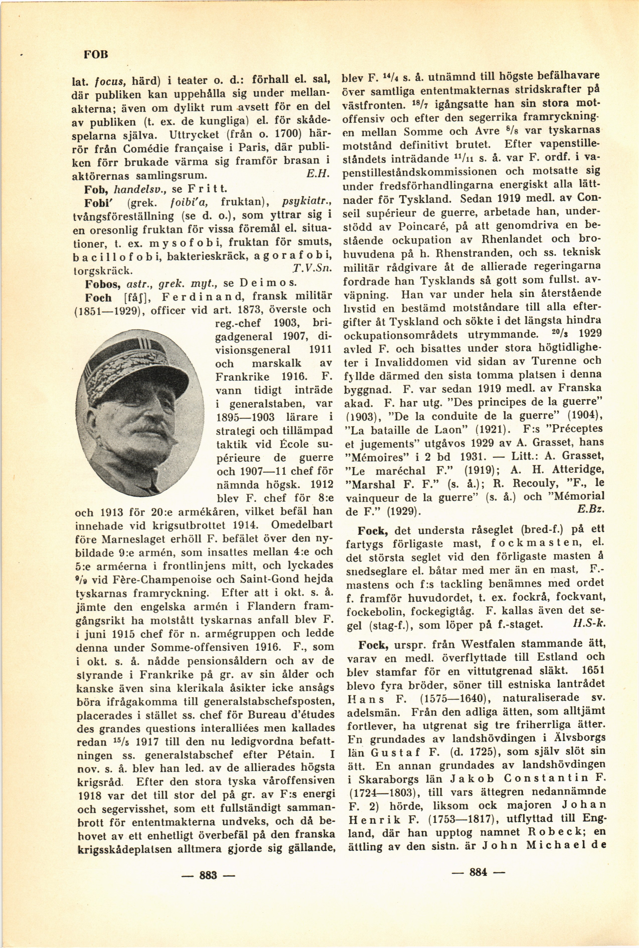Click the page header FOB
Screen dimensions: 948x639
(96, 55)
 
